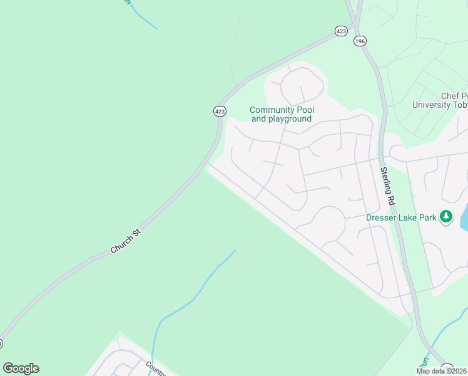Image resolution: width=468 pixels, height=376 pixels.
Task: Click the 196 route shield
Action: pos(359,41)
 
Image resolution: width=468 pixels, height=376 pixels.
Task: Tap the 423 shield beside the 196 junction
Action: pos(341,31)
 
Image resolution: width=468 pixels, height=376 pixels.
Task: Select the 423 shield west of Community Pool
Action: pos(220,111)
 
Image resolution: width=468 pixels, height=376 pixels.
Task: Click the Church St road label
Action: pos(126,241)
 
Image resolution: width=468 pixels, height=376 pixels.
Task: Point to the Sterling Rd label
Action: pos(388,186)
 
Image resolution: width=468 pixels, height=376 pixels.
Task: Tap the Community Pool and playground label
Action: pos(282,115)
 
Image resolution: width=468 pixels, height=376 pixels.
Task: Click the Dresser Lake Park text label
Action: pos(401,217)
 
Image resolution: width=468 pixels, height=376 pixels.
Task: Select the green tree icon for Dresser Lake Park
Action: pos(445,217)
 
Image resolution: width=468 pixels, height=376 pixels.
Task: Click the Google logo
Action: pos(21,368)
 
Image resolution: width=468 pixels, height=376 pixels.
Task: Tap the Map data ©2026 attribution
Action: pos(441,371)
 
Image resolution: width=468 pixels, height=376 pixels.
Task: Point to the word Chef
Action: pos(450,97)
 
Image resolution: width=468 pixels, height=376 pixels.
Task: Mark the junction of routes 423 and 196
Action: pos(355,26)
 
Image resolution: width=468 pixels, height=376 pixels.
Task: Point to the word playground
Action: pos(290,119)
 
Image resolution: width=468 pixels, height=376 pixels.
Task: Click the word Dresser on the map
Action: pos(380,217)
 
